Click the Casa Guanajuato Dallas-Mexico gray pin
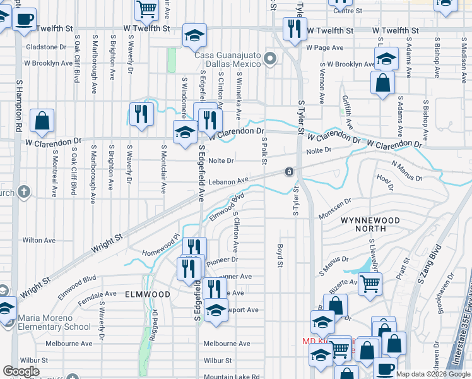click(271, 59)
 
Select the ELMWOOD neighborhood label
click(147, 294)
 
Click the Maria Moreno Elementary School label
click(54, 322)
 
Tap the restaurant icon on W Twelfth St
click(295, 30)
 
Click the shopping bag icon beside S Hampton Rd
click(42, 121)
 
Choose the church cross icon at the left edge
click(24, 191)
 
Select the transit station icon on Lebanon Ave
click(288, 172)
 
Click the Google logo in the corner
click(21, 371)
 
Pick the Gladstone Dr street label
click(45, 47)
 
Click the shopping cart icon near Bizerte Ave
click(370, 284)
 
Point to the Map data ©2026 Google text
click(434, 374)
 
